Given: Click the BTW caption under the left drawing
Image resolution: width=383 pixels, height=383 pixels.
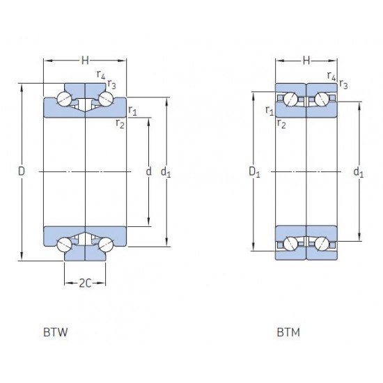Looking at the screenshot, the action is coord(56,332).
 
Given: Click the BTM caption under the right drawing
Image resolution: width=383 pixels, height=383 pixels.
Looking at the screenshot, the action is coord(288,332).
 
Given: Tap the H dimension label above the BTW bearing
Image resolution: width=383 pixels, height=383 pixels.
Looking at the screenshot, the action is coord(85,61).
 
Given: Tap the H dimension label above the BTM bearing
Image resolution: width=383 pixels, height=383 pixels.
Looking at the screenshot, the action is coord(306,61).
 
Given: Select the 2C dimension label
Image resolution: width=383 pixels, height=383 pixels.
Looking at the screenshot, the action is coord(85,283).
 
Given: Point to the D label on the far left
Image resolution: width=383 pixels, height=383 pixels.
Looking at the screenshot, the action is coord(22,171).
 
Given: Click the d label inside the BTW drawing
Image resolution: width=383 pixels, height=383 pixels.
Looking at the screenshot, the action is coord(148,171).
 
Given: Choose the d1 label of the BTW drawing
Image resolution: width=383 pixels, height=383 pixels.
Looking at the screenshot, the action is coord(166,172).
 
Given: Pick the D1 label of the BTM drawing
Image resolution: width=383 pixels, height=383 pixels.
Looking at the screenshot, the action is coord(254,172).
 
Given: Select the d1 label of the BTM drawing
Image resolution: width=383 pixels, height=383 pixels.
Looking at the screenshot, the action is coord(359,172).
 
